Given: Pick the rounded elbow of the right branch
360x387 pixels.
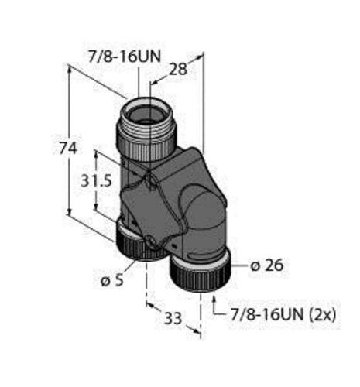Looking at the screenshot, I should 203,209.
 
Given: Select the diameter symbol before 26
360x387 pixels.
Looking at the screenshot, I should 255,265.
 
